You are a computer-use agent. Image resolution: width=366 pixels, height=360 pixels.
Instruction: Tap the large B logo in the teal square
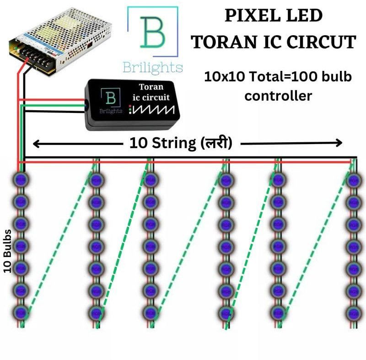[152, 32]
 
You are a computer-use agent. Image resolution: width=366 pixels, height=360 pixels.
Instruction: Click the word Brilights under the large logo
[152, 68]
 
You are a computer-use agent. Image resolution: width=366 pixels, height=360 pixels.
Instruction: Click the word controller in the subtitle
[278, 96]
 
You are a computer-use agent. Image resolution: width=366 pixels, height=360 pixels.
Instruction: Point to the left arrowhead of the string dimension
[36, 144]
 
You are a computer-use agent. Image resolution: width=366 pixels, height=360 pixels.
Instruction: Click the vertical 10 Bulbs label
[8, 251]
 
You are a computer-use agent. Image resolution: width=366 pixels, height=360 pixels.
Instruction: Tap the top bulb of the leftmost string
[21, 179]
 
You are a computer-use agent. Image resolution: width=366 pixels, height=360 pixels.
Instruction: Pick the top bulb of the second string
[95, 179]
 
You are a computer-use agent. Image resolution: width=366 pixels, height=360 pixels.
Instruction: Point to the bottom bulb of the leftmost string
[21, 313]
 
